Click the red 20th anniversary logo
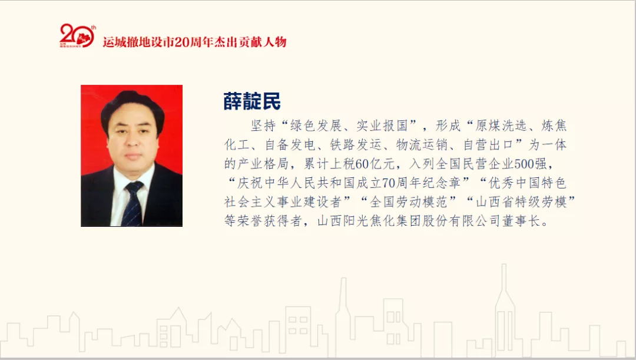76,37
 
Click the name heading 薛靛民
251,101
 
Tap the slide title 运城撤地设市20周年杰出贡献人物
194,42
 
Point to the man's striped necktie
132,203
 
